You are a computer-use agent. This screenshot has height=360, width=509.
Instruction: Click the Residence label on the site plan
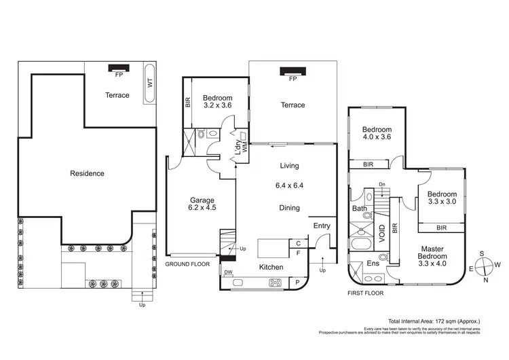tap(88, 173)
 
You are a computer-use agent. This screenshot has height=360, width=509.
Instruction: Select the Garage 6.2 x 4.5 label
tap(202, 204)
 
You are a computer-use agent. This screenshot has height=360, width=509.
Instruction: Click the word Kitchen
tap(271, 268)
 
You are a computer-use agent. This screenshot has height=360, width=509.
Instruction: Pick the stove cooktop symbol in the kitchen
tap(276, 283)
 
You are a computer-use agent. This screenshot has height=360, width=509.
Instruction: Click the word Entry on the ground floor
tap(322, 226)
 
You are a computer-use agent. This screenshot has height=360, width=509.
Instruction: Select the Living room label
tap(289, 166)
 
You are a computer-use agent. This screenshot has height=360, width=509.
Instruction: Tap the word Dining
tap(290, 209)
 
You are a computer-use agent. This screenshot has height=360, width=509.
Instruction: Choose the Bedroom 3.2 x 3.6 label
tap(218, 101)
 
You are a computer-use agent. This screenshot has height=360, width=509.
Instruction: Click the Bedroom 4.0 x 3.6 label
tap(377, 134)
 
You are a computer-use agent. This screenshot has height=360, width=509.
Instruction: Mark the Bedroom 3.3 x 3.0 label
tap(441, 197)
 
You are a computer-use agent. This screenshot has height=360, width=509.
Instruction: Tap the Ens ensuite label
tap(373, 263)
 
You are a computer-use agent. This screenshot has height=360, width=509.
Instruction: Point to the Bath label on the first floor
tap(359, 209)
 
